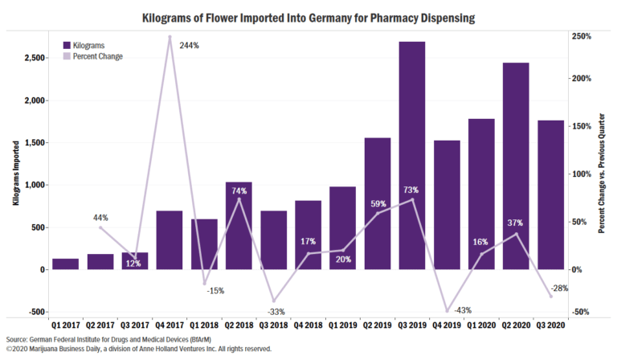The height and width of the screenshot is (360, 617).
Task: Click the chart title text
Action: coord(308,16)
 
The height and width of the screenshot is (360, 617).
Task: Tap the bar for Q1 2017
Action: coord(65,264)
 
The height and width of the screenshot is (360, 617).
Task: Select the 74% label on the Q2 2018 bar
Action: coord(239,191)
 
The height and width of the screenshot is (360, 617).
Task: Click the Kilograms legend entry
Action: coord(88,46)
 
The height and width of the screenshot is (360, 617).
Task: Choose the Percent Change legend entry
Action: coord(96,57)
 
